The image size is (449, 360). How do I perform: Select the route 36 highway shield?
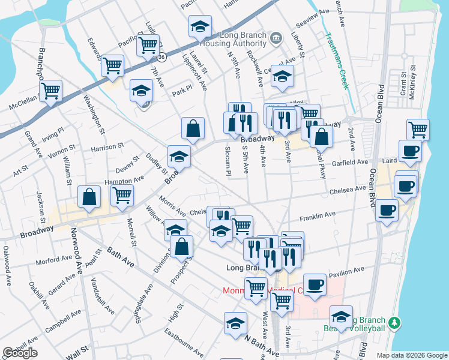(x=162, y=57)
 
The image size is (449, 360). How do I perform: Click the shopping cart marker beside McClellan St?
(x=50, y=91)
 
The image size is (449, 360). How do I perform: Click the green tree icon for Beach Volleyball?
(x=394, y=323)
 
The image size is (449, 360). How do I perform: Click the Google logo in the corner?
(x=20, y=353)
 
